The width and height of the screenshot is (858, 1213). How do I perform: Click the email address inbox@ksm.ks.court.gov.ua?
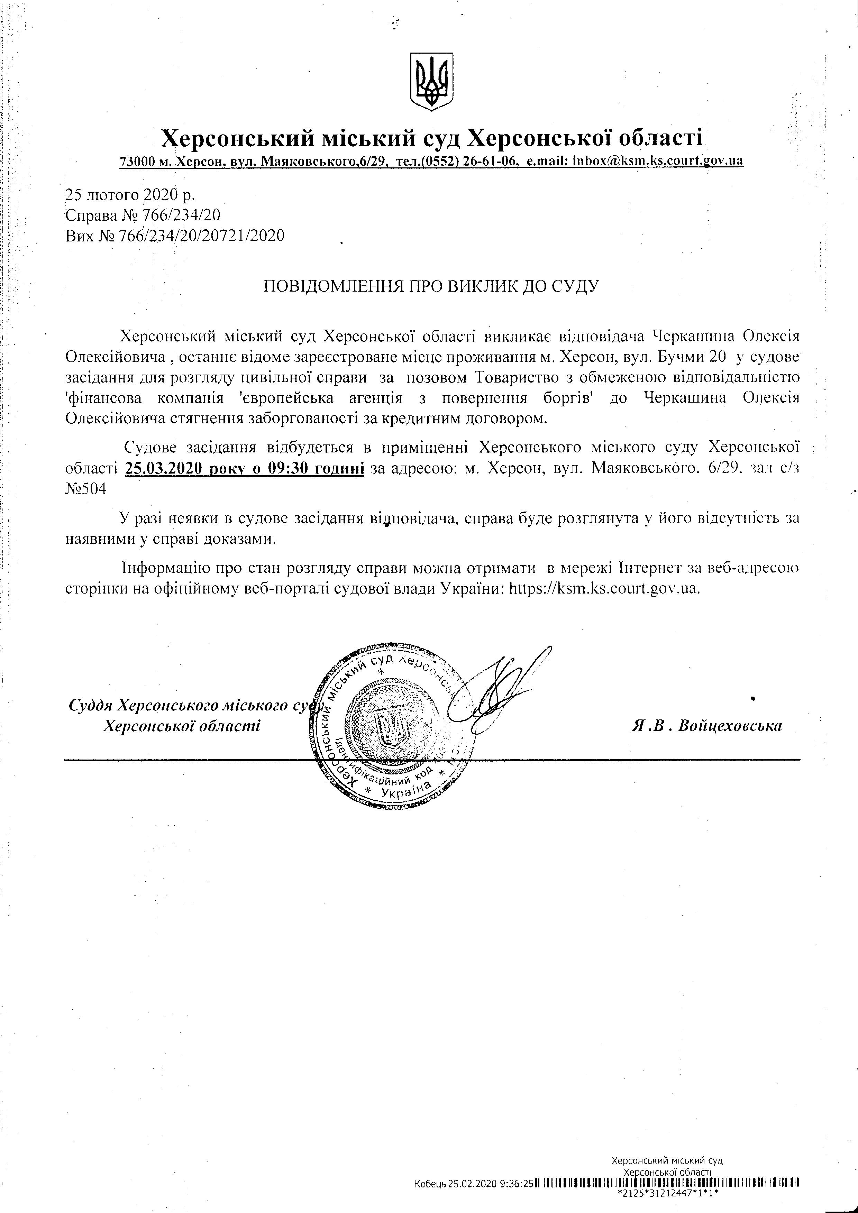pos(658,160)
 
